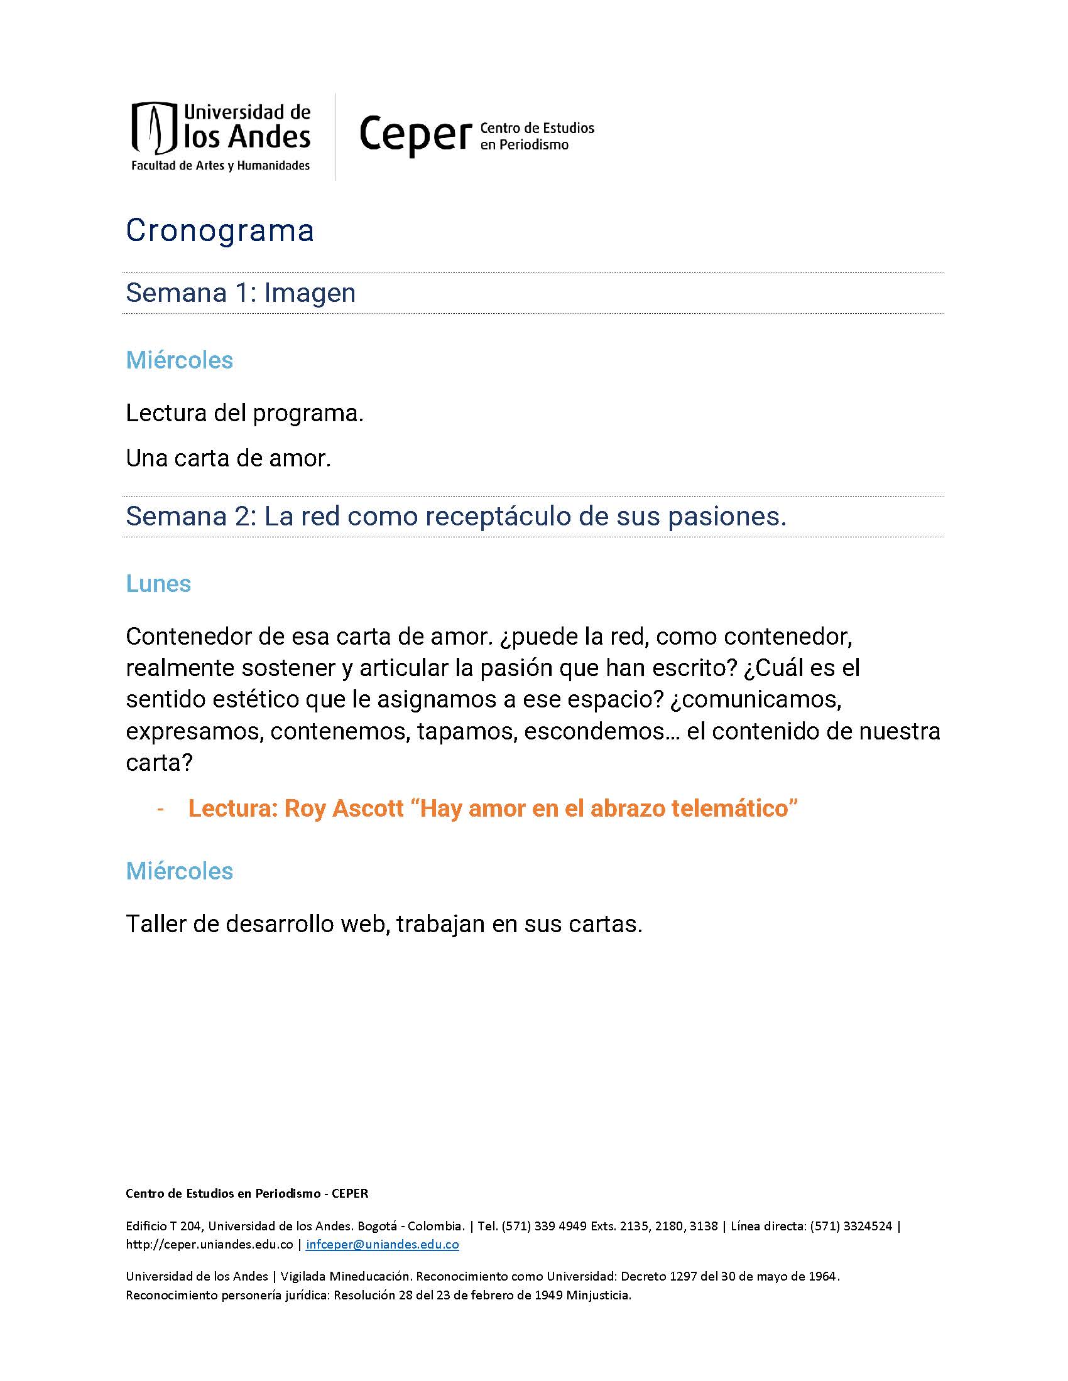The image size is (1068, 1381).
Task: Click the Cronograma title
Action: coord(219,230)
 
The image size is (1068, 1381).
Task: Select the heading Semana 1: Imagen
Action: coord(241,293)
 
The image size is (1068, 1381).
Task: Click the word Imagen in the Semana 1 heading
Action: coord(309,293)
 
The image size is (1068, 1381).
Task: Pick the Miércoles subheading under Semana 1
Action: coord(180,360)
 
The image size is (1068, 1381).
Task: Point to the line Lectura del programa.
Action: coord(244,414)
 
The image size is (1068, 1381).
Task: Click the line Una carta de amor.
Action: coord(229,458)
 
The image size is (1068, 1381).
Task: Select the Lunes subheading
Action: coord(158,584)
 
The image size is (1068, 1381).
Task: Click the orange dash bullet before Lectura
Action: coord(161,809)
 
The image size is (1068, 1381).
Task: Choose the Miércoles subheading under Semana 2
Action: coord(180,871)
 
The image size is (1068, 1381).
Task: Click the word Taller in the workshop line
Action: coord(156,924)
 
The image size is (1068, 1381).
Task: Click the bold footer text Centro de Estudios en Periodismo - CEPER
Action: coord(247,1194)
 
